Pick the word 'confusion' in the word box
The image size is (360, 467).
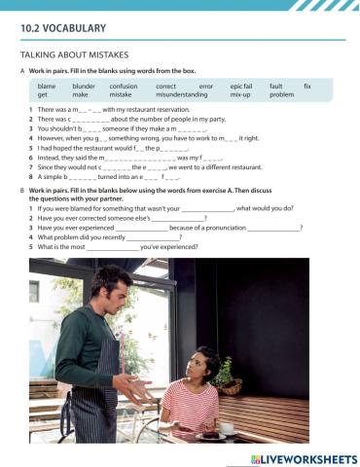point(124,87)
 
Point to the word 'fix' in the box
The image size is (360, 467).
point(307,87)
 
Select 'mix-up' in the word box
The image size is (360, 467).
point(242,95)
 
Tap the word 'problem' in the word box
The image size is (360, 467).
point(281,95)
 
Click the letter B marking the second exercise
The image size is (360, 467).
point(22,191)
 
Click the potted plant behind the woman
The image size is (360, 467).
point(226,374)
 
